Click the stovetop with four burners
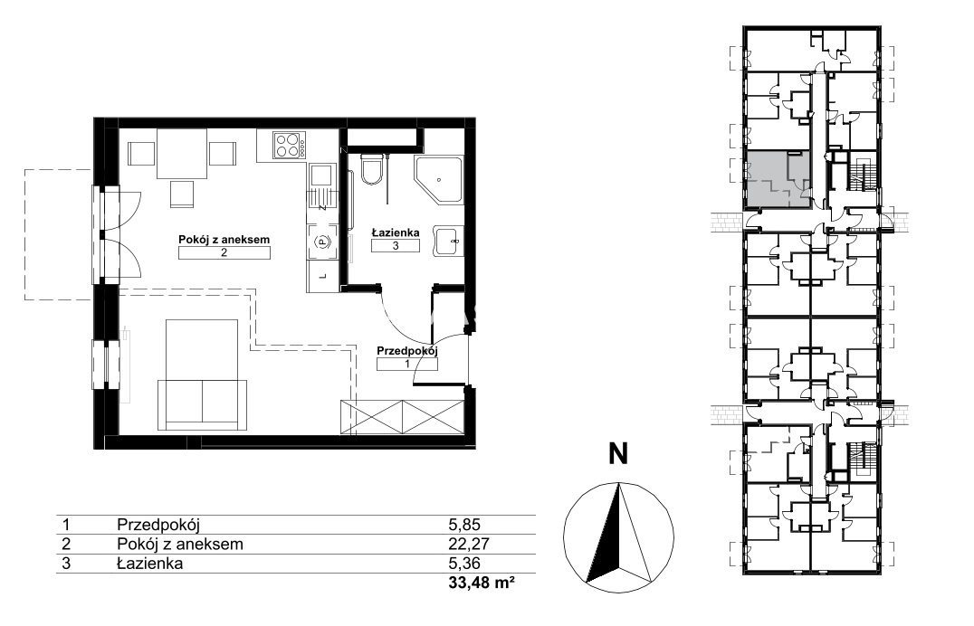tap(290, 146)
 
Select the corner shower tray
tap(438, 180)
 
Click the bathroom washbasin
tap(448, 241)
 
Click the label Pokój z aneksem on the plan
tap(224, 239)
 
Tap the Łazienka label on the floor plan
tap(396, 232)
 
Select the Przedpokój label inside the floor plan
tap(406, 351)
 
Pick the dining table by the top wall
tap(181, 154)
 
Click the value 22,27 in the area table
tap(469, 545)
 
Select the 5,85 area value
tap(464, 525)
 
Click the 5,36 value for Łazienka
tap(464, 564)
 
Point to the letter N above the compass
tap(617, 454)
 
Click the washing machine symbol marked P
tap(322, 241)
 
